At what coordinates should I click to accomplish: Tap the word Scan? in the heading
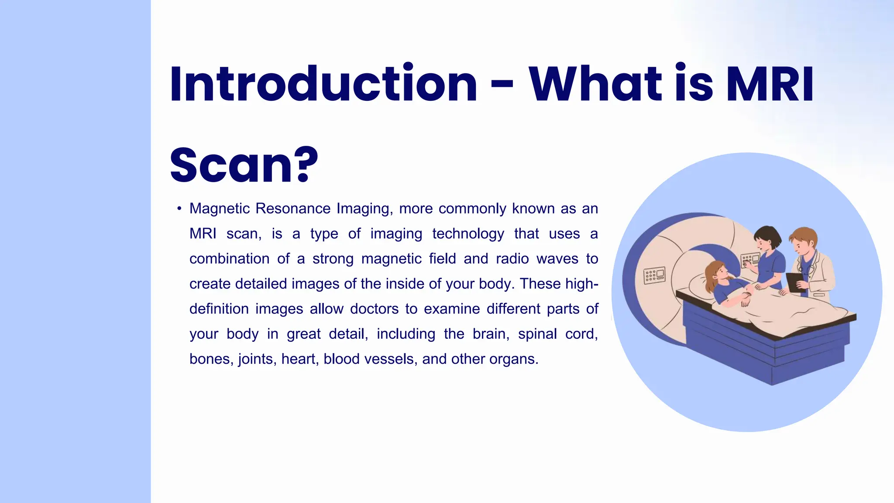(x=244, y=165)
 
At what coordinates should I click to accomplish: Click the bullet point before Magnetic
(x=179, y=209)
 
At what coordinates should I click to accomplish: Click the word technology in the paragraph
(x=468, y=234)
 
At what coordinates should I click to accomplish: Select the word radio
(x=513, y=259)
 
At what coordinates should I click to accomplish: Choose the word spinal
(x=537, y=334)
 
